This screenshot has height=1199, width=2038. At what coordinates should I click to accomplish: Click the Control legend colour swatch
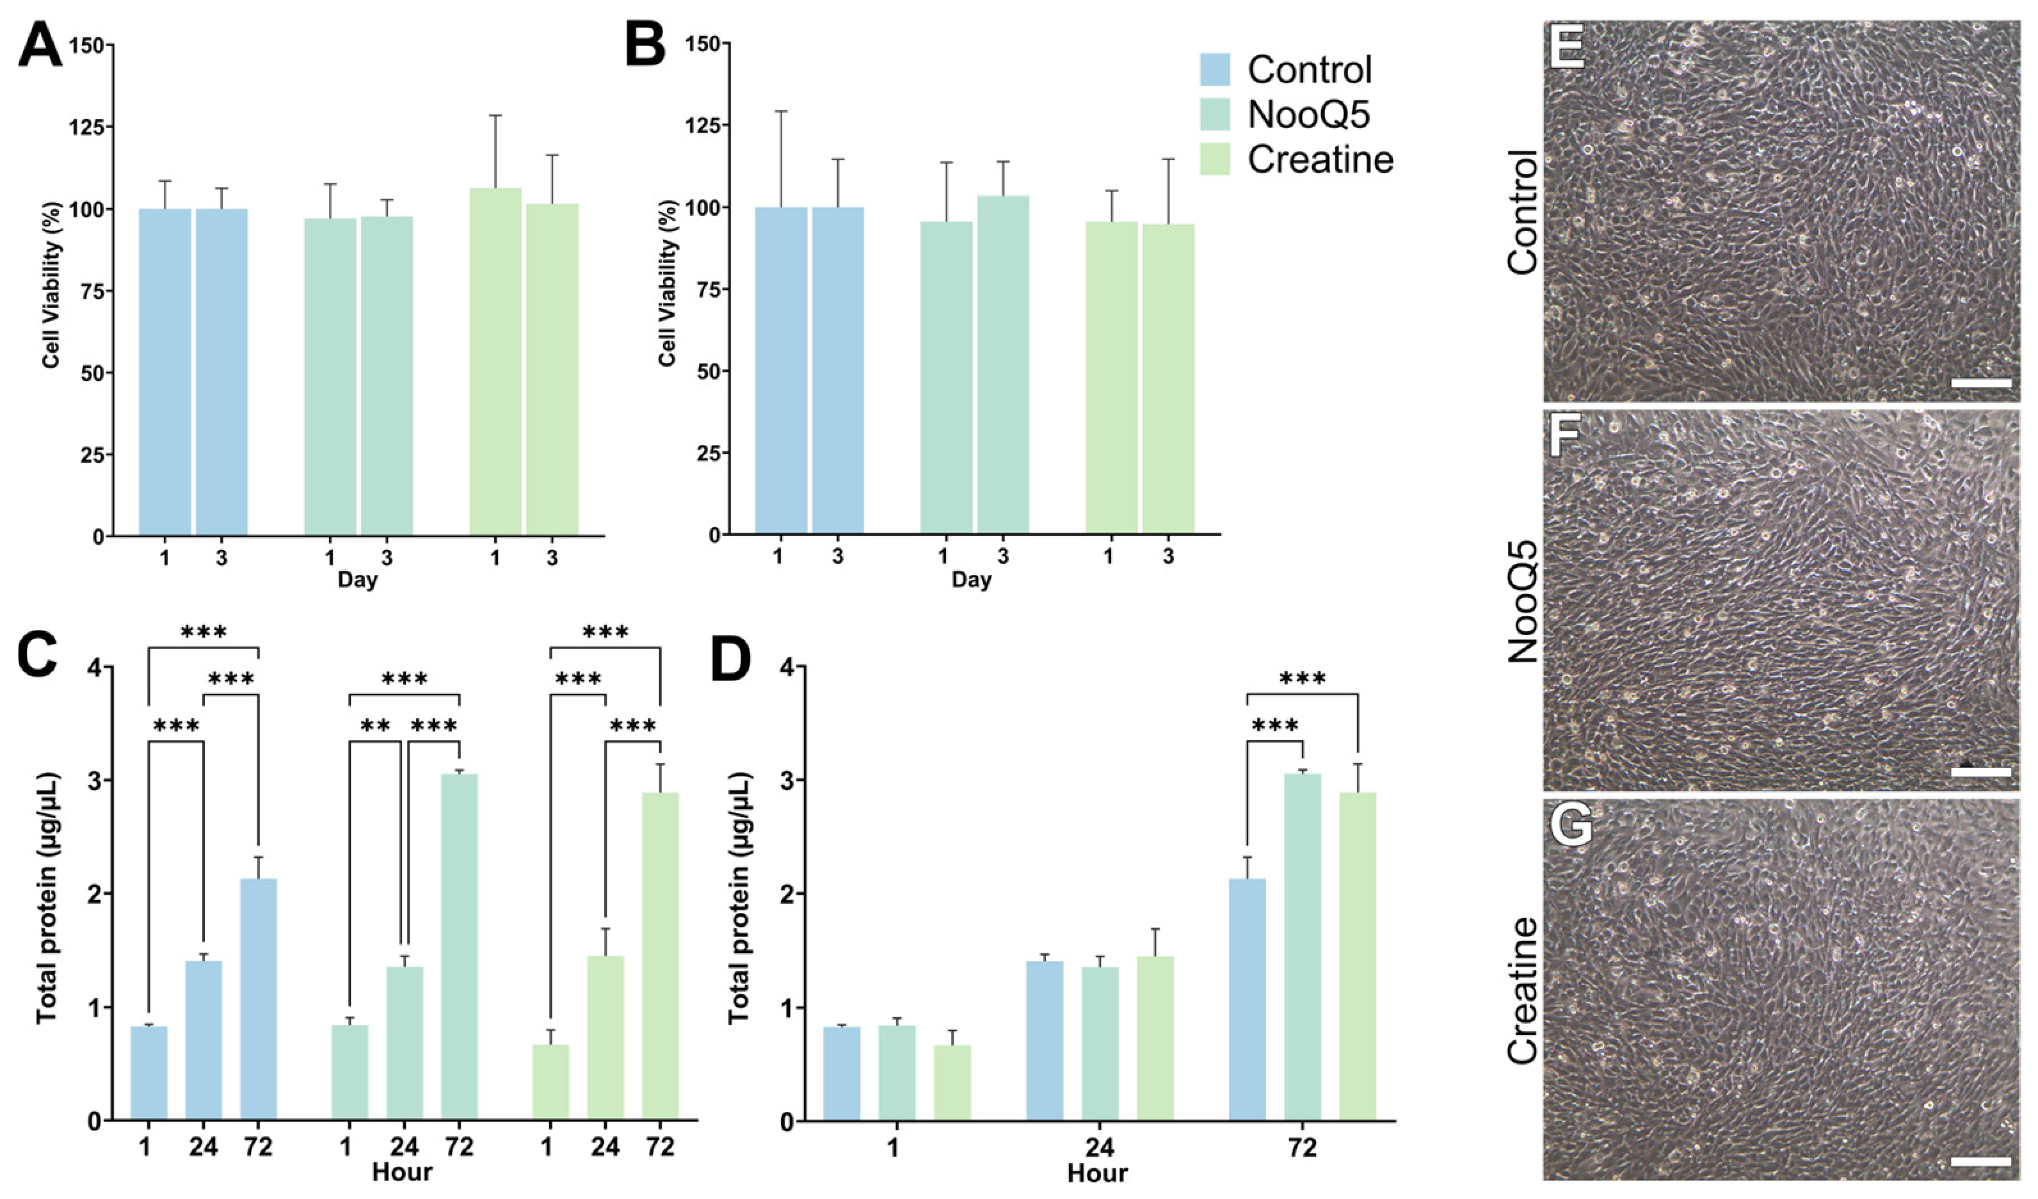tap(1215, 70)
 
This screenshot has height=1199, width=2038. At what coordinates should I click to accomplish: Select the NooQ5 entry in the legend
tap(1308, 115)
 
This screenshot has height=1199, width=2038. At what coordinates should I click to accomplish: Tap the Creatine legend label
tap(1320, 160)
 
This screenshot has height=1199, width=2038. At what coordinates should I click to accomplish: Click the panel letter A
tap(40, 45)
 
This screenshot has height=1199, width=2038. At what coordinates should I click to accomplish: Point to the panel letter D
tap(730, 665)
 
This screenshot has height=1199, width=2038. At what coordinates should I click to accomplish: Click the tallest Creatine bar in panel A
tap(495, 362)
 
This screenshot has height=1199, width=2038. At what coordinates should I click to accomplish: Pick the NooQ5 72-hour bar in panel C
tap(460, 947)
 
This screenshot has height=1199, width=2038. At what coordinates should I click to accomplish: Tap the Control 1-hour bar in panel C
tap(148, 1073)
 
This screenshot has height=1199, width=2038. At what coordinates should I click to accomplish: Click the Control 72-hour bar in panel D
tap(1247, 999)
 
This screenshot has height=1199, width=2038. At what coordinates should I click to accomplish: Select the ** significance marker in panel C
tap(375, 725)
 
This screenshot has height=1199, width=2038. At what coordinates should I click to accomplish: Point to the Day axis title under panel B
tap(971, 579)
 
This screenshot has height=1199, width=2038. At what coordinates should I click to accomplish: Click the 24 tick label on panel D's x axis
tap(1099, 1147)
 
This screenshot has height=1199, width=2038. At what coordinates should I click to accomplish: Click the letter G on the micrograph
tap(1569, 827)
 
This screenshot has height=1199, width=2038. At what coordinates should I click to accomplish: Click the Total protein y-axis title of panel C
tap(48, 898)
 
